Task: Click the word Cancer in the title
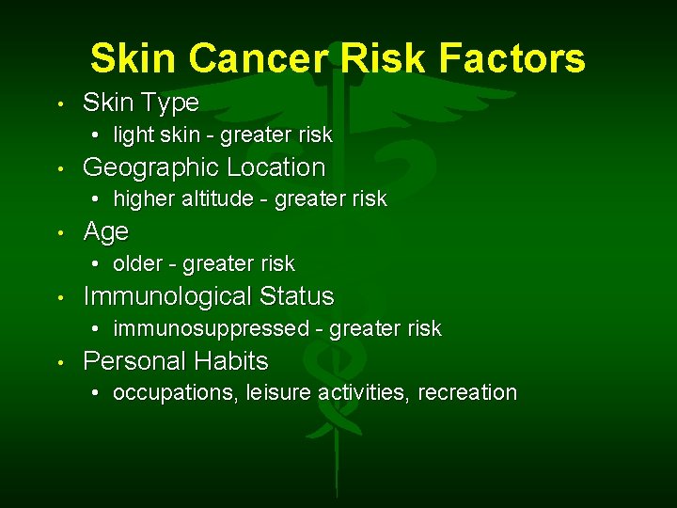[x=258, y=58]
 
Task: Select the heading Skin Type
[x=141, y=103]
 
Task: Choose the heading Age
[x=105, y=232]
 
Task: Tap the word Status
[x=296, y=296]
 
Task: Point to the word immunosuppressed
[x=211, y=328]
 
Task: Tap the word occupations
[x=175, y=393]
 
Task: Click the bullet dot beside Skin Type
[x=59, y=103]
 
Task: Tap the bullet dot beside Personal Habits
[x=59, y=362]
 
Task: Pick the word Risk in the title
[x=386, y=58]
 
